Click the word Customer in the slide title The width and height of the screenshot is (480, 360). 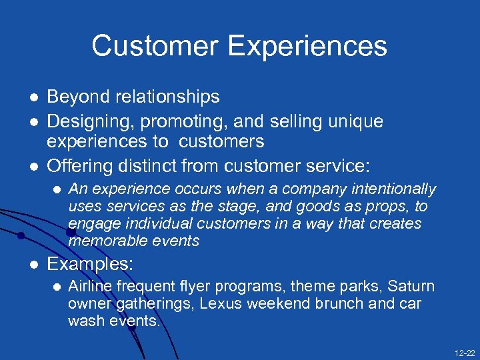point(155,46)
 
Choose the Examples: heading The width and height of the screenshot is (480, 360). point(90,264)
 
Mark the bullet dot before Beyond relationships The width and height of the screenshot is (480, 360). point(31,97)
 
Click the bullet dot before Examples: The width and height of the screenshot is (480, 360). point(31,265)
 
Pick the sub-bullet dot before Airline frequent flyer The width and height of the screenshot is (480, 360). point(56,287)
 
